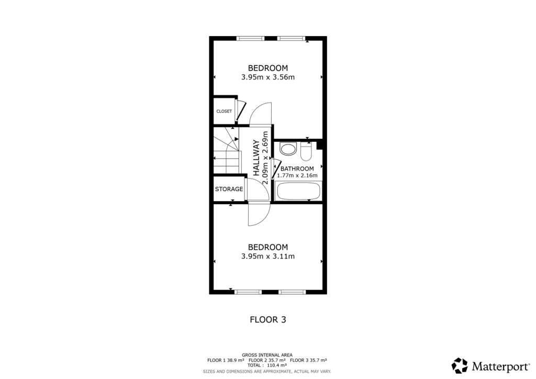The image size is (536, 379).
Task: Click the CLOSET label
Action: pos(224,112)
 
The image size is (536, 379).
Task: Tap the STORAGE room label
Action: pos(229,189)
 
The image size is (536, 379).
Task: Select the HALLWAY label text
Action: pos(256,158)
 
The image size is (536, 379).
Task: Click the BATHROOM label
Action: pos(297,169)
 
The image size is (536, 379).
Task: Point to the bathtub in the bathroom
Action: pos(297,191)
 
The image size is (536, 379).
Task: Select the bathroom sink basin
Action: pos(287,149)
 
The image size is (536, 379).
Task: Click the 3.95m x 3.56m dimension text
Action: pos(268,77)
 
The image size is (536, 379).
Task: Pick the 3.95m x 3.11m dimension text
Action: pos(268,257)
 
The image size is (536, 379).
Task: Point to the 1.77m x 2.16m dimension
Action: pos(297,175)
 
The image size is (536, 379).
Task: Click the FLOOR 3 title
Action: pos(268,319)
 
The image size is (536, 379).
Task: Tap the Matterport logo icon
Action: pos(460,365)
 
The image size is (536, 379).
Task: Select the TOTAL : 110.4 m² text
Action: pos(267,365)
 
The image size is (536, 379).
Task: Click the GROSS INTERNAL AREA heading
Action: pos(267,355)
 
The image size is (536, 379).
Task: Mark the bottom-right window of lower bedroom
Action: pos(292,292)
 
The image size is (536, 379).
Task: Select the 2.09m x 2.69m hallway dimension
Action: pos(266,158)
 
